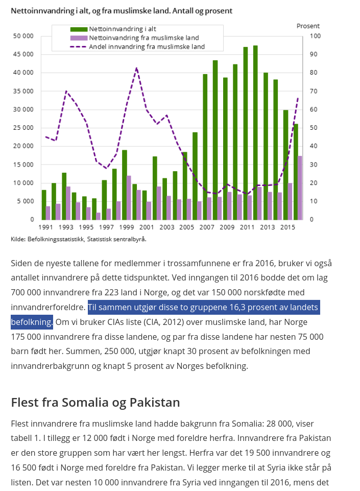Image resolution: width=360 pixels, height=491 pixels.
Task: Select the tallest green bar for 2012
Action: point(255,133)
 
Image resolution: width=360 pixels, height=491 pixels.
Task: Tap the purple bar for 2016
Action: point(300,188)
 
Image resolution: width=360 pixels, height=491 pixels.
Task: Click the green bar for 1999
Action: point(125,184)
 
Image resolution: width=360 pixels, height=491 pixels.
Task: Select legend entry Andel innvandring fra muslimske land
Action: point(147,46)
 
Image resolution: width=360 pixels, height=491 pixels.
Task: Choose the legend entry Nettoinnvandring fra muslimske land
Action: point(143,38)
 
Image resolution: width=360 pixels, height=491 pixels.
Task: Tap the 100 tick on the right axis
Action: point(316,36)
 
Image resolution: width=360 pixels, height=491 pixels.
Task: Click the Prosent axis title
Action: point(308,26)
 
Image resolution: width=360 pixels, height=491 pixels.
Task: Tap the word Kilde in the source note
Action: point(18,239)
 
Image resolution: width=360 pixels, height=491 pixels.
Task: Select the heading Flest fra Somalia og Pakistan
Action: point(95,402)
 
